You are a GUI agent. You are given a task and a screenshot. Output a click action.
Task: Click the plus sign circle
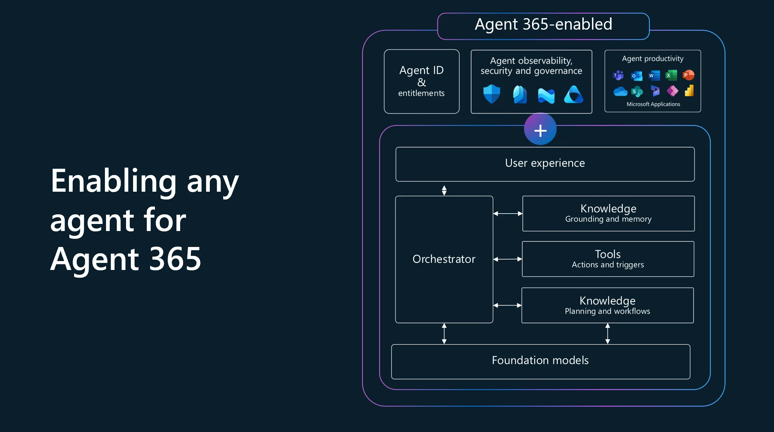click(540, 130)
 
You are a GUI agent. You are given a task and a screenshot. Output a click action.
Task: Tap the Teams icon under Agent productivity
click(618, 76)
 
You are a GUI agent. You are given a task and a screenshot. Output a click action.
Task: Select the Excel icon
click(671, 76)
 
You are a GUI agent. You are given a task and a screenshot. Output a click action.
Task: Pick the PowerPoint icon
click(688, 75)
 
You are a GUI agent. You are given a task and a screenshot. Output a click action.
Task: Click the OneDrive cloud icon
click(620, 91)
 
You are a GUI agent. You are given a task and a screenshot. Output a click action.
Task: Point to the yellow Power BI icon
click(689, 91)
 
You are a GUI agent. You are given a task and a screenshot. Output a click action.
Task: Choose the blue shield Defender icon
click(492, 94)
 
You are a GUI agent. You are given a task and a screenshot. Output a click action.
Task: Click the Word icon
click(654, 76)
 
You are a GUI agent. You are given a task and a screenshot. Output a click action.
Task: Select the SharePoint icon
click(637, 91)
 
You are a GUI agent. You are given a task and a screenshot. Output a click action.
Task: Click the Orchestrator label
click(444, 259)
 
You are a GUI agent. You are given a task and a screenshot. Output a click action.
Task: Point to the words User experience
click(545, 163)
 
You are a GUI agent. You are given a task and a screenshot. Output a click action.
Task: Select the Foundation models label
click(540, 360)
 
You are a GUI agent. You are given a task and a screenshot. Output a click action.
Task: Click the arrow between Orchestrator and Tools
click(507, 259)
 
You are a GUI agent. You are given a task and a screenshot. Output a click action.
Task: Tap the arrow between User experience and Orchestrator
click(444, 190)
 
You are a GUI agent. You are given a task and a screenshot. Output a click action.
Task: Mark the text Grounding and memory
click(608, 219)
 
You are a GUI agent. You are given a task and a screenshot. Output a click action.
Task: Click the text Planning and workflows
click(607, 311)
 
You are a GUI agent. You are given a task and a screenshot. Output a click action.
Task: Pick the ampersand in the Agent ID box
click(421, 82)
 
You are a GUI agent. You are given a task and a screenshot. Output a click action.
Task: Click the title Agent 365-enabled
click(543, 24)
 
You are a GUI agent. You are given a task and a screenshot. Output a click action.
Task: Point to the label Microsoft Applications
click(653, 104)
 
